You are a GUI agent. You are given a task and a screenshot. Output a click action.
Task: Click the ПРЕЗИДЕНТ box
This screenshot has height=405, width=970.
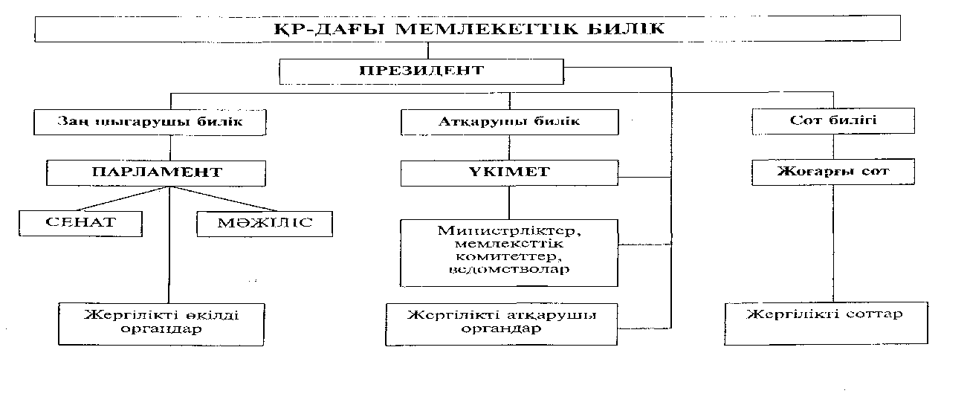(x=421, y=72)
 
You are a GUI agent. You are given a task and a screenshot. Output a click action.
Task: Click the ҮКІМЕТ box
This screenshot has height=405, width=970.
(x=509, y=173)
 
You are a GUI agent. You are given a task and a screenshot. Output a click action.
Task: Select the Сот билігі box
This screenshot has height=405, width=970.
(x=832, y=121)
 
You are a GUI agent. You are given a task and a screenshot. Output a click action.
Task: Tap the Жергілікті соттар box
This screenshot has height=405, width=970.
(x=825, y=323)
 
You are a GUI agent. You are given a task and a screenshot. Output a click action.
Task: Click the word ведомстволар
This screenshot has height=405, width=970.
(x=509, y=269)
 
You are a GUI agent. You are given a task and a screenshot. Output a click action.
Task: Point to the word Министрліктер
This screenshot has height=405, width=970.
(x=509, y=230)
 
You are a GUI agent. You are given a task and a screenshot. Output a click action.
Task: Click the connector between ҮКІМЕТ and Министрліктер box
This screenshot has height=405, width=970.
(x=509, y=202)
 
